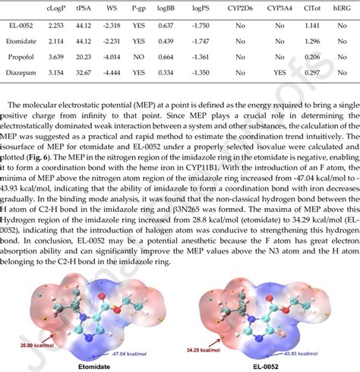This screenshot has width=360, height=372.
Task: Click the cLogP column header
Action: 56,9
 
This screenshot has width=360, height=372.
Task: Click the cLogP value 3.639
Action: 56,56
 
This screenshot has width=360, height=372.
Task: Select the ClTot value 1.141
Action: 312,25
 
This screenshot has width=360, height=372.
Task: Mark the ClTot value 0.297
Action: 312,73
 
